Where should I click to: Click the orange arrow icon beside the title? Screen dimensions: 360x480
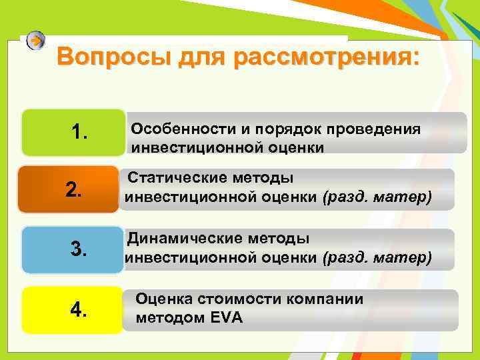pos(37,41)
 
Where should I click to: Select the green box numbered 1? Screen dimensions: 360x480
pos(73,133)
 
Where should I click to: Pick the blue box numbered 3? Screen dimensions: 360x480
pos(73,250)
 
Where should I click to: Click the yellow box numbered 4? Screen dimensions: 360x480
pos(73,309)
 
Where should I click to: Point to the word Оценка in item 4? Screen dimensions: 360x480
pos(163,299)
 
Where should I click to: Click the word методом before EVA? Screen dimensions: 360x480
pos(171,318)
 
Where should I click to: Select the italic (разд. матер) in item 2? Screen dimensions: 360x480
pos(377,197)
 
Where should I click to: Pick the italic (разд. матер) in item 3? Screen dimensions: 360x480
pos(377,257)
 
